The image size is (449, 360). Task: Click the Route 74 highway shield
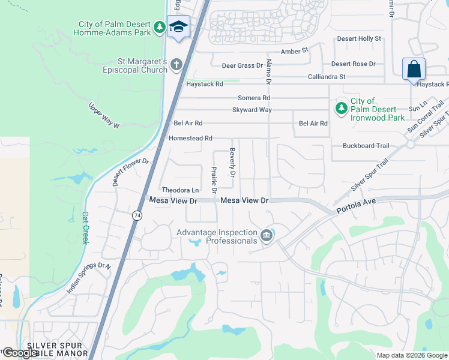click(137, 215)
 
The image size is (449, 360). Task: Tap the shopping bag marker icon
click(414, 69)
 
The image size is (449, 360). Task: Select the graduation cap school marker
click(179, 27)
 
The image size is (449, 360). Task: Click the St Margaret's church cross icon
click(176, 64)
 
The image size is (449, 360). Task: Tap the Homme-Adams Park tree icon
click(159, 27)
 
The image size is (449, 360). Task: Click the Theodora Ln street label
click(179, 190)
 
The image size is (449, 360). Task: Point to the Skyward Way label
click(252, 110)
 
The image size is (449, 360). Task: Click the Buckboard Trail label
click(366, 146)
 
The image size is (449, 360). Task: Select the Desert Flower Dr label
click(130, 173)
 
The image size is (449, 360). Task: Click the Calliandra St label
click(327, 77)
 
